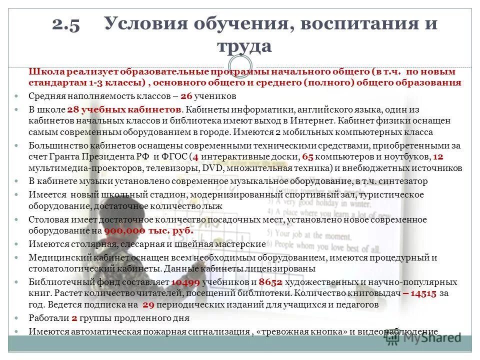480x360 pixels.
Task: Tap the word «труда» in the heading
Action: pyautogui.click(x=244, y=46)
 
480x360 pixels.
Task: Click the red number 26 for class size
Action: pyautogui.click(x=186, y=96)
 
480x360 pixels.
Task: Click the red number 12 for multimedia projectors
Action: pyautogui.click(x=438, y=157)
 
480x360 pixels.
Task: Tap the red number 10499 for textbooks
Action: pyautogui.click(x=185, y=282)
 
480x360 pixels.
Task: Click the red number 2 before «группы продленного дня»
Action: pyautogui.click(x=74, y=318)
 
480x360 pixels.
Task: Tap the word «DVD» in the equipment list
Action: pyautogui.click(x=213, y=168)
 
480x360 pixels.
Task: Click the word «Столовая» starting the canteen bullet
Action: pyautogui.click(x=46, y=220)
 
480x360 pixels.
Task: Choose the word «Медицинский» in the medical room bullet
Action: pyautogui.click(x=55, y=257)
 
